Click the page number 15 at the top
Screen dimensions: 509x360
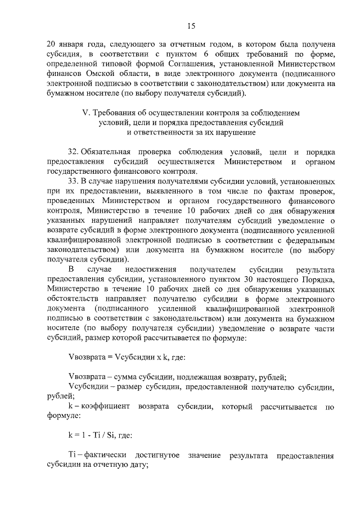click(x=191, y=26)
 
